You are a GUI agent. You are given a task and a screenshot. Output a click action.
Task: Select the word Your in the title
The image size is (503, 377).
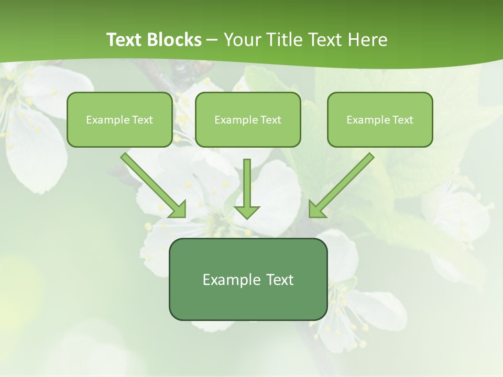pyautogui.click(x=242, y=40)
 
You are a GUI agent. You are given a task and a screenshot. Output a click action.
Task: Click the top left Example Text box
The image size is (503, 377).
pyautogui.click(x=119, y=119)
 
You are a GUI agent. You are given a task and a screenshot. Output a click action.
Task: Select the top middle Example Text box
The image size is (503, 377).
pyautogui.click(x=248, y=119)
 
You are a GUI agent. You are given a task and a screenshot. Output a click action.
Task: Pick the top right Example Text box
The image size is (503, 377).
pyautogui.click(x=380, y=119)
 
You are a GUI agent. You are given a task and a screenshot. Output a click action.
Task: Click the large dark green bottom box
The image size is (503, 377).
pyautogui.click(x=248, y=279)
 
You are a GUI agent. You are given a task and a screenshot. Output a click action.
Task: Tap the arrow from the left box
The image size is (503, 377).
pyautogui.click(x=149, y=181)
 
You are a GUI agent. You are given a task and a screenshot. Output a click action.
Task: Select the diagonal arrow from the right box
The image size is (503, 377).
pyautogui.click(x=346, y=181)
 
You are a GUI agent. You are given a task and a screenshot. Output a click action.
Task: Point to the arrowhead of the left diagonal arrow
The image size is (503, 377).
pyautogui.click(x=179, y=210)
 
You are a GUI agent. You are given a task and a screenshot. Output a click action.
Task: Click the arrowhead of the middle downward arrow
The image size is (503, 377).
pyautogui.click(x=247, y=212)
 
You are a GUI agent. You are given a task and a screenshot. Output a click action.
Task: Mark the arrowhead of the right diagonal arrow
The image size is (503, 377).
pyautogui.click(x=316, y=210)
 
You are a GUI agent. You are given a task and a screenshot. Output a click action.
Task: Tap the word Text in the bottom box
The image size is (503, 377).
pyautogui.click(x=278, y=280)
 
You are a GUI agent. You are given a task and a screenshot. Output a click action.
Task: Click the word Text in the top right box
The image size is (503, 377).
pyautogui.click(x=402, y=120)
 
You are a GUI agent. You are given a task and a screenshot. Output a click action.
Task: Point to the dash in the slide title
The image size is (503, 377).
pyautogui.click(x=212, y=40)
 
